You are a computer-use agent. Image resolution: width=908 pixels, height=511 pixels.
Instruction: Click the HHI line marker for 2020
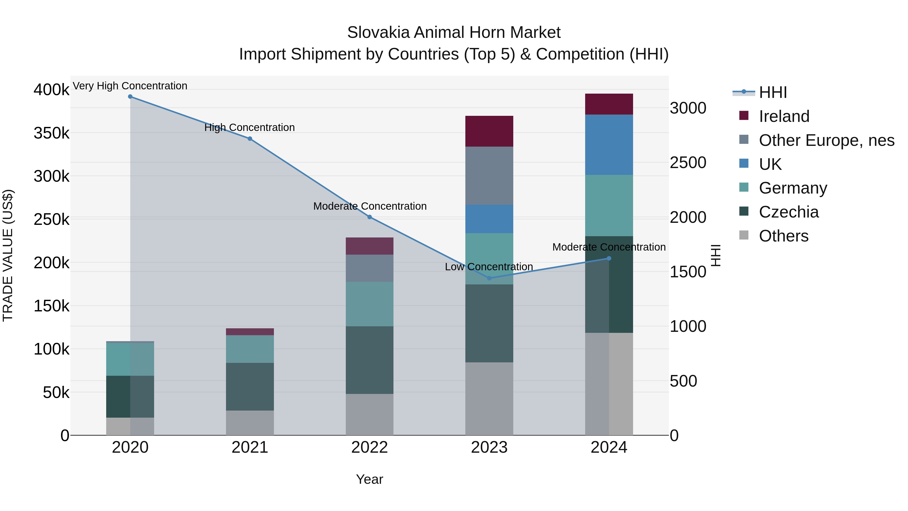pos(130,97)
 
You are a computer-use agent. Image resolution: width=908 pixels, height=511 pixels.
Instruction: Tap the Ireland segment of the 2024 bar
pos(609,104)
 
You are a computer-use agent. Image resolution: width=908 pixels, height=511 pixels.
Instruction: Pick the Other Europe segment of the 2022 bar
pos(370,268)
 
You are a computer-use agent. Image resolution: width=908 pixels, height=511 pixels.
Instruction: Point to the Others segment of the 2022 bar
pos(370,414)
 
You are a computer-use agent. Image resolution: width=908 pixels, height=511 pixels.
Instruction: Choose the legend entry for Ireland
pos(784,116)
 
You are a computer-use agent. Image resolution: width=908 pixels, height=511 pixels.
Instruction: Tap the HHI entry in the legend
pos(773,92)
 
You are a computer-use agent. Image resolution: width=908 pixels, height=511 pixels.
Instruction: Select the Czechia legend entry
pos(788,212)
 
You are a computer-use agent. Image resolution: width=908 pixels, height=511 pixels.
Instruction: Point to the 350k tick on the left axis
pos(51,133)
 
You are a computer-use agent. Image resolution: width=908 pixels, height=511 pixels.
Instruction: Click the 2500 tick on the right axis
pos(688,163)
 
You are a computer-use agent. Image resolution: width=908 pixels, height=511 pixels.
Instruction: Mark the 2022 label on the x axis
pos(370,447)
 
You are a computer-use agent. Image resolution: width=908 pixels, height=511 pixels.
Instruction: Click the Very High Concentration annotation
pos(130,86)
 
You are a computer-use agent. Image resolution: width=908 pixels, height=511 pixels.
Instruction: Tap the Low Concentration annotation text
pos(489,267)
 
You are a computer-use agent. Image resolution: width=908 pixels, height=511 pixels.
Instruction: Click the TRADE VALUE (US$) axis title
pos(8,255)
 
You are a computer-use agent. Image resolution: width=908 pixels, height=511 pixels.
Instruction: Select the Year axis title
pos(370,479)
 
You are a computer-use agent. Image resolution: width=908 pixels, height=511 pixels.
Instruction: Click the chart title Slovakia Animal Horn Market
pos(454,33)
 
